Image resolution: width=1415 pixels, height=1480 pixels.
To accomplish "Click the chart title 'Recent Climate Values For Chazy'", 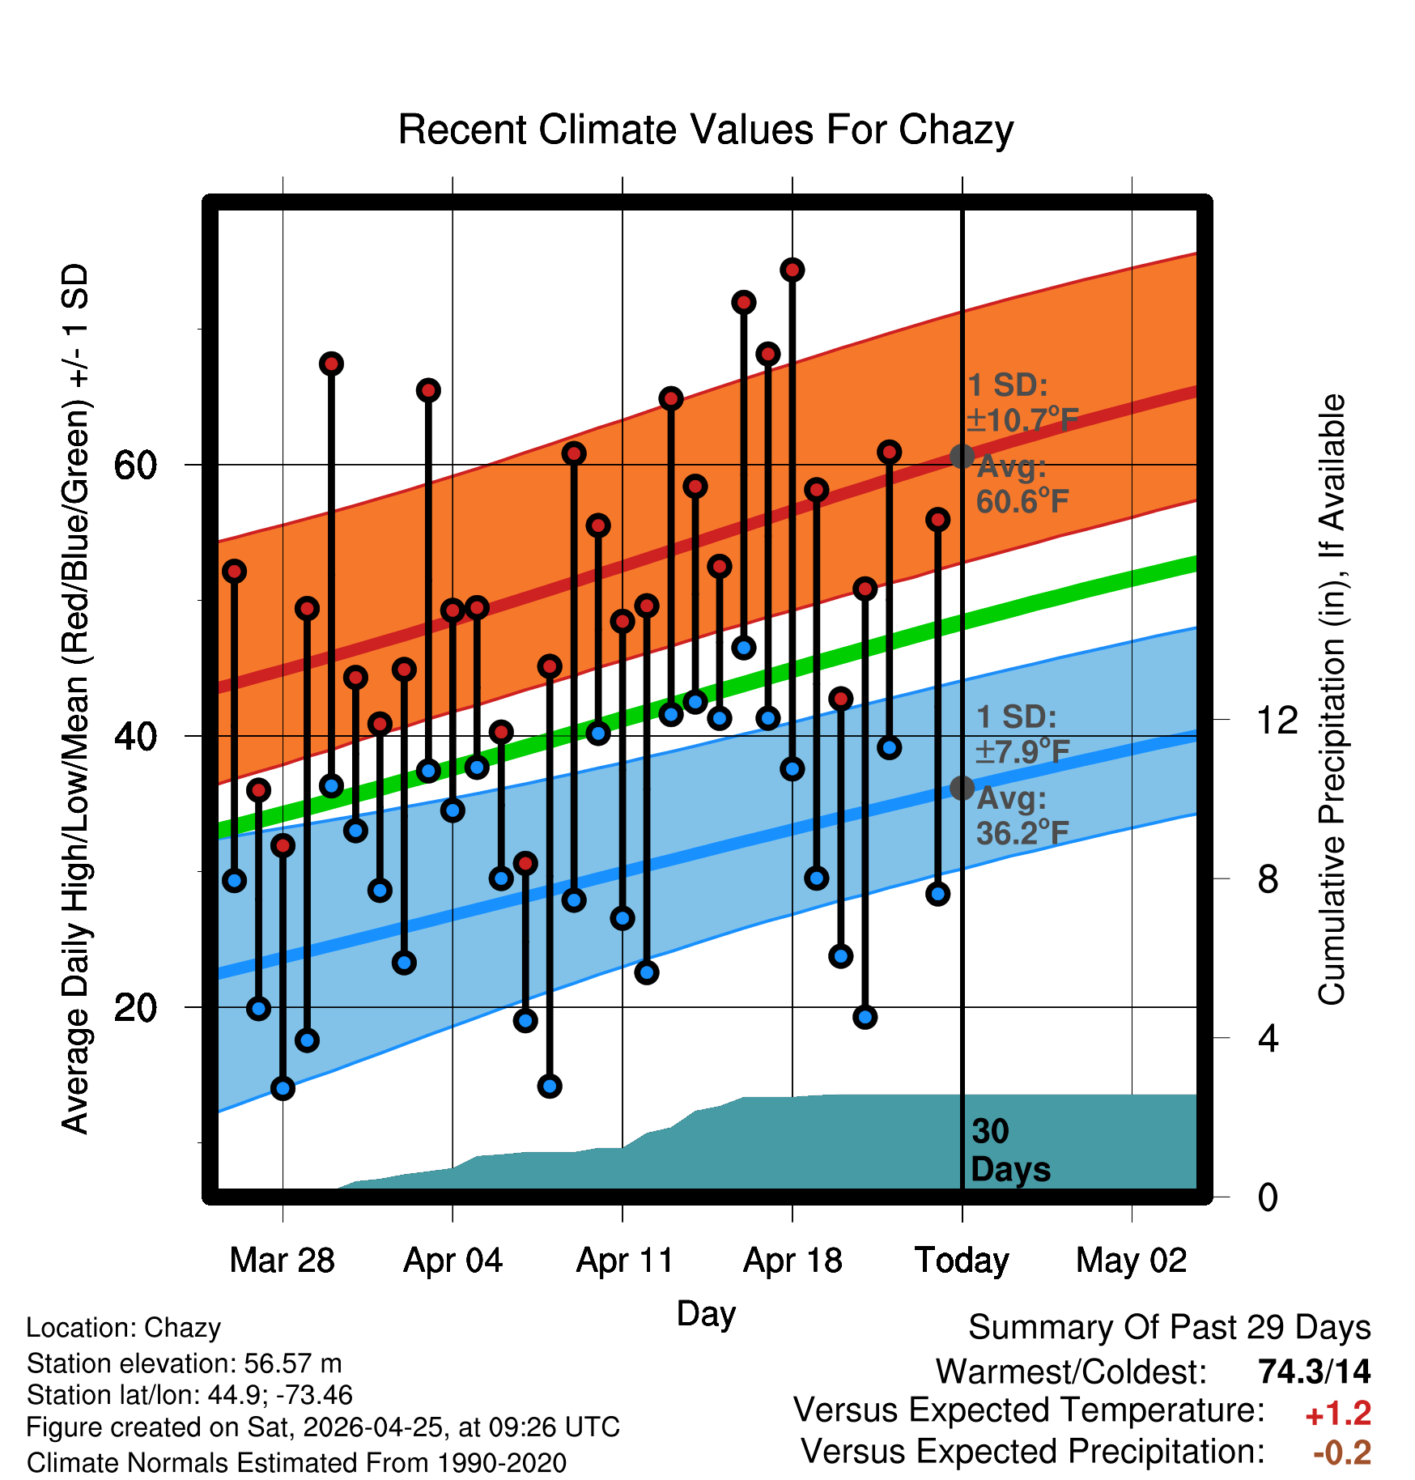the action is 706,130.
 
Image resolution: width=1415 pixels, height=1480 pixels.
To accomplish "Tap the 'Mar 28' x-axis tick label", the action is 282,1261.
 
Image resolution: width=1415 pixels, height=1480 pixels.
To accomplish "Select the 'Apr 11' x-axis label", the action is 624,1261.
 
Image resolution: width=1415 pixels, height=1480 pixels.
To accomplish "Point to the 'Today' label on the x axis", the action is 962,1261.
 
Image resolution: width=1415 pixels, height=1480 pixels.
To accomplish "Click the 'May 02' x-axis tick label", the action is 1132,1261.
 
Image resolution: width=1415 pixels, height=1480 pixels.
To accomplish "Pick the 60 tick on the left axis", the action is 136,465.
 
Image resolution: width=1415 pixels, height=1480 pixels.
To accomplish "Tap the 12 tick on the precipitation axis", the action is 1277,720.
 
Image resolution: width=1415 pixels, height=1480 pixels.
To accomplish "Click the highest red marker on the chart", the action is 792,270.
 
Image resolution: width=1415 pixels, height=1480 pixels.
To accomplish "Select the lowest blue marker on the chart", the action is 283,1088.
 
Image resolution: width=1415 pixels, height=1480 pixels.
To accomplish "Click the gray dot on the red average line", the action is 962,457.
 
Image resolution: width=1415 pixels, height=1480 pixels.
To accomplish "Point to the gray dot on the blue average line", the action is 962,788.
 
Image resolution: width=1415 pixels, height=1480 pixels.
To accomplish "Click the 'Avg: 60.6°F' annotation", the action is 1022,484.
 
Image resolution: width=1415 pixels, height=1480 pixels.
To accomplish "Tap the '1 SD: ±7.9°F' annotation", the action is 1022,734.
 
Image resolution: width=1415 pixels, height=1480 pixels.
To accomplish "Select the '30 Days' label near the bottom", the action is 1010,1150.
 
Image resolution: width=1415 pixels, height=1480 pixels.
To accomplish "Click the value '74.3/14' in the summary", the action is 1315,1372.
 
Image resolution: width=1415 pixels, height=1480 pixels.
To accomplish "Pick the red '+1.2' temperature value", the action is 1338,1414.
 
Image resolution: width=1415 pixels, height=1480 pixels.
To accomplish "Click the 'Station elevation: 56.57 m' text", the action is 184,1363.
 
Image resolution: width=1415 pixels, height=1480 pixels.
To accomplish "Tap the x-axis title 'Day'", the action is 706,1314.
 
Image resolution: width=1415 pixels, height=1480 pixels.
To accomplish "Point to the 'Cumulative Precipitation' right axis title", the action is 1331,700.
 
